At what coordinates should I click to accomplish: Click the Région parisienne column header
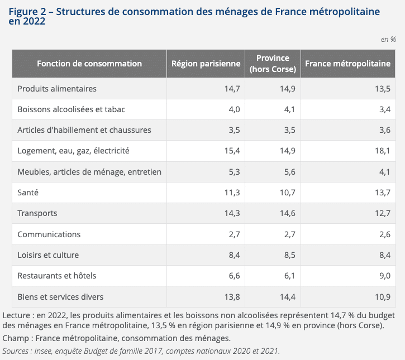pos(206,64)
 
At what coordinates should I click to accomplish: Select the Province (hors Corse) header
pos(273,64)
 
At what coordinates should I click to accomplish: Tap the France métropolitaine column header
pos(347,64)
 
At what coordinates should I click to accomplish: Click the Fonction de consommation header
pos(89,64)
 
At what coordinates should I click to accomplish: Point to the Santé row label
pos(28,193)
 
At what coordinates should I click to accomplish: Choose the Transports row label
pos(37,213)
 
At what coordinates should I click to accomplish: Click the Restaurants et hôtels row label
pos(56,276)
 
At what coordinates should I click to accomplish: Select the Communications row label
pos(49,234)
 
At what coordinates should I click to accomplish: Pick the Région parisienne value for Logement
pos(232,151)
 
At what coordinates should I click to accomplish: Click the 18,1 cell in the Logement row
pos(383,151)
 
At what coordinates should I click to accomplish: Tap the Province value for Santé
pos(288,193)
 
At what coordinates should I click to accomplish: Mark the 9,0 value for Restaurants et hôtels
pos(385,276)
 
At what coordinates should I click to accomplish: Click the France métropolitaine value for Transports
pos(383,213)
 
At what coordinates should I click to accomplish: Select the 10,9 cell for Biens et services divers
pos(383,297)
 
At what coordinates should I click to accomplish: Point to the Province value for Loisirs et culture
pos(290,255)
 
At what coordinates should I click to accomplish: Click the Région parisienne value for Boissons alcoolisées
pos(234,109)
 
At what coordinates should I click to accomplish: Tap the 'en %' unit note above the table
pos(388,39)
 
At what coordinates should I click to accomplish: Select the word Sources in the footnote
pos(16,351)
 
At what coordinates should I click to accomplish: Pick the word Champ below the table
pos(16,338)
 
